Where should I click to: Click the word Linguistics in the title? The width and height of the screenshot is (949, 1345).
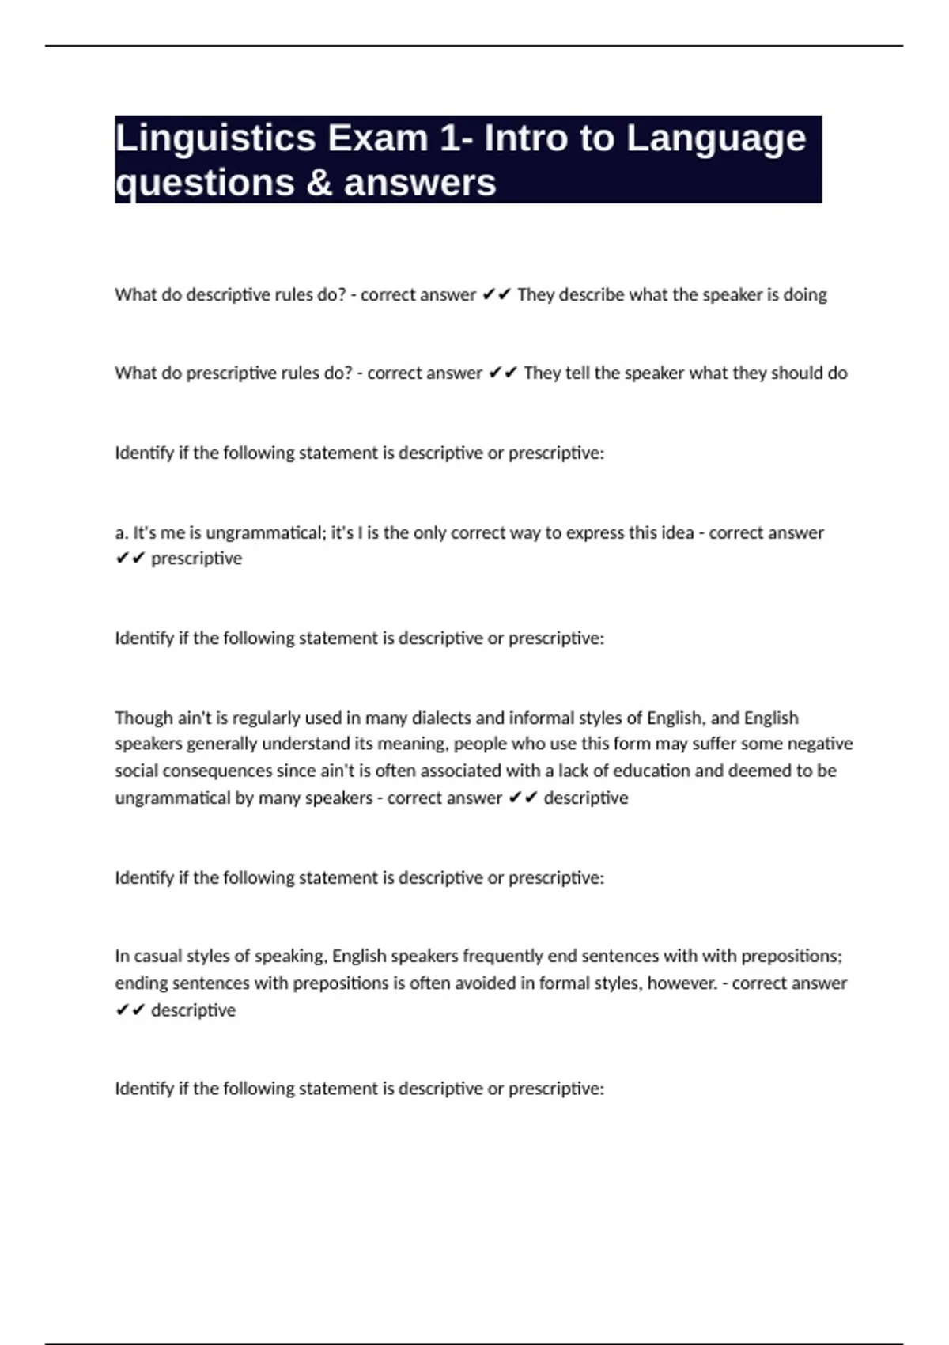(x=215, y=138)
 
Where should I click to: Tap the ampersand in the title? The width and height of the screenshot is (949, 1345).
(x=317, y=184)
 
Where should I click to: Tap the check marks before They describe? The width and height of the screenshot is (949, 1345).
(x=497, y=295)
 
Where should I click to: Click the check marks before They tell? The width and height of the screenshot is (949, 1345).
(x=503, y=373)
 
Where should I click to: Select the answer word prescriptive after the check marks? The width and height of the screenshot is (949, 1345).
(x=196, y=559)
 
